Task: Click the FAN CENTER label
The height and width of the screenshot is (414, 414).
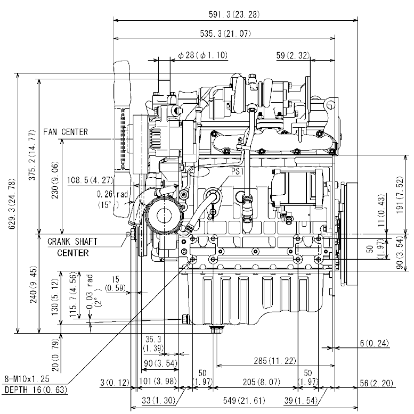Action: (67, 132)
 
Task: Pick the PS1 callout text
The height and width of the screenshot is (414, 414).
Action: (237, 172)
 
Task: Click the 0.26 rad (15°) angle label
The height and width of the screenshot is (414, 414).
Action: (113, 199)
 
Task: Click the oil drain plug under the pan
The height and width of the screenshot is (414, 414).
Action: (216, 331)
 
